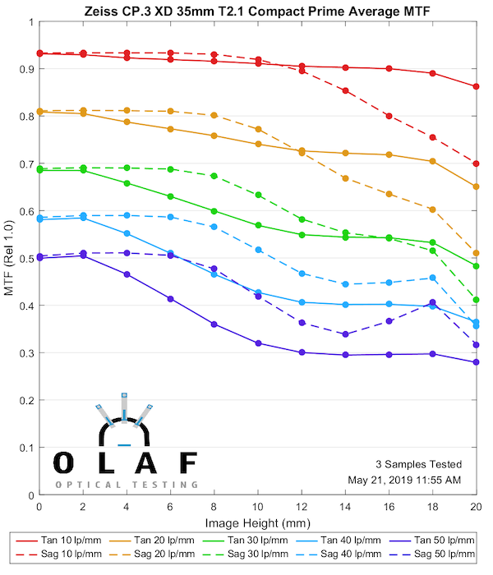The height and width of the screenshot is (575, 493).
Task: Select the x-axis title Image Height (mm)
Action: tap(258, 523)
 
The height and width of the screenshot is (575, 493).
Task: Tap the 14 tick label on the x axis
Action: tap(345, 507)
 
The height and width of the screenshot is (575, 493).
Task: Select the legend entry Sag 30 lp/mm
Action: tap(256, 556)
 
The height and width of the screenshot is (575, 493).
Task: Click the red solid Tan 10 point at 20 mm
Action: tap(477, 86)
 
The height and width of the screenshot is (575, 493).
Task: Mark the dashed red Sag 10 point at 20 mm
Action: tap(477, 163)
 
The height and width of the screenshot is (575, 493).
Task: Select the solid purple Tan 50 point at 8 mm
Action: tap(214, 324)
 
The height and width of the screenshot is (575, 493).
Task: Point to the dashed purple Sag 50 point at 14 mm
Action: tap(345, 334)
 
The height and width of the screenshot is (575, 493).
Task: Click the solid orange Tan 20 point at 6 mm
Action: tap(170, 129)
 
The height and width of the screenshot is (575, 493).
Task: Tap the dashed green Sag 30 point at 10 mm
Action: tap(258, 195)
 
